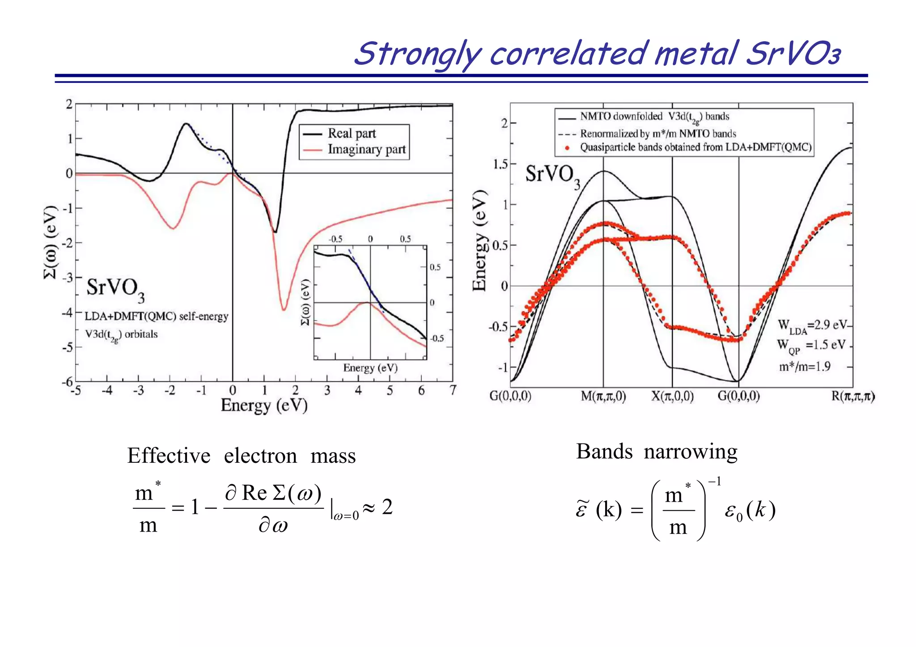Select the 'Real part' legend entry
pyautogui.click(x=352, y=133)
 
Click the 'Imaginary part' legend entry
pyautogui.click(x=366, y=149)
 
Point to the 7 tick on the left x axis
pyautogui.click(x=453, y=390)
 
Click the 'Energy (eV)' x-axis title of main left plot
pyautogui.click(x=264, y=406)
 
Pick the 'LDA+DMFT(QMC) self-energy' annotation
pyautogui.click(x=157, y=317)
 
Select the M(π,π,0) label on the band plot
pyautogui.click(x=603, y=396)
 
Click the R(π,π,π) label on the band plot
pyautogui.click(x=852, y=396)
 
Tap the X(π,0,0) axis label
pyautogui.click(x=672, y=396)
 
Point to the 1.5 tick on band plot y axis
pyautogui.click(x=500, y=164)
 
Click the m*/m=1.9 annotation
pyautogui.click(x=804, y=367)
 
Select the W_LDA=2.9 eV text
pyautogui.click(x=812, y=326)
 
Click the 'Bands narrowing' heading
pyautogui.click(x=657, y=452)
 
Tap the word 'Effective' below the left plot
pyautogui.click(x=169, y=456)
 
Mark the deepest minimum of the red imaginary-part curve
pyautogui.click(x=284, y=309)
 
